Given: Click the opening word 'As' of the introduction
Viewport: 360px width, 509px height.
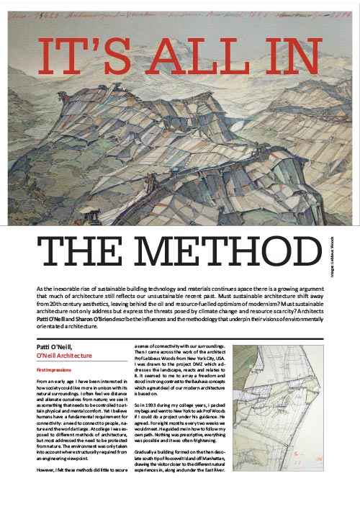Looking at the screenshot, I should [x=40, y=288].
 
